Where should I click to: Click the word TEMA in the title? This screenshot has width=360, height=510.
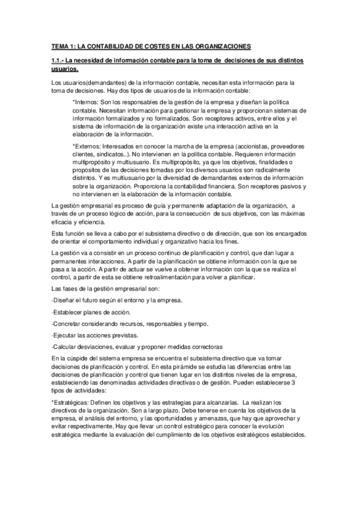(59, 46)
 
